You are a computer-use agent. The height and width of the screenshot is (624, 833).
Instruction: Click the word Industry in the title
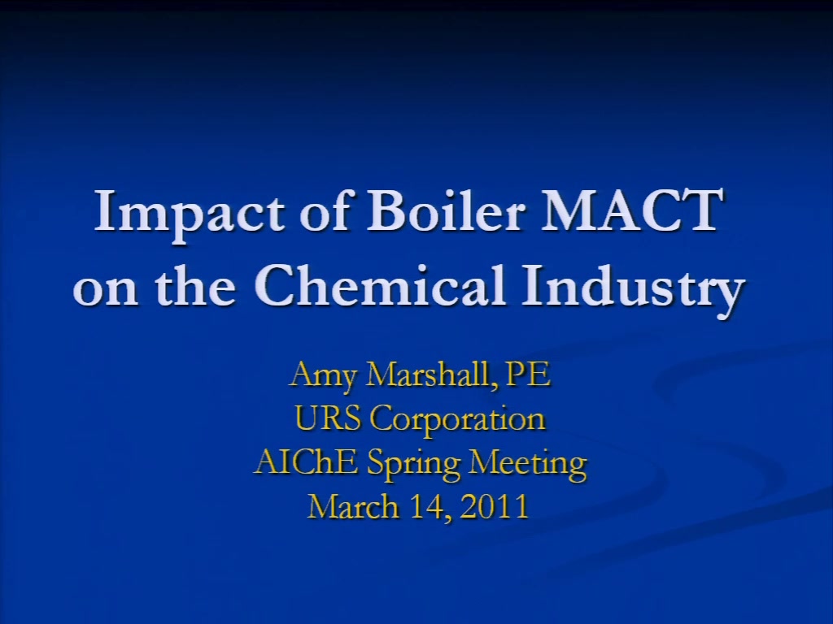[633, 289]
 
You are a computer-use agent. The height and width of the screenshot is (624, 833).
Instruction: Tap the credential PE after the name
[529, 374]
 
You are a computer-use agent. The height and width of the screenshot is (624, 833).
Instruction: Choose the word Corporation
[458, 420]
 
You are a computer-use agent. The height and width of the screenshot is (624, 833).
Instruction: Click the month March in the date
[353, 506]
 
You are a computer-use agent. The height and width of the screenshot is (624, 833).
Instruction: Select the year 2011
[495, 507]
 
